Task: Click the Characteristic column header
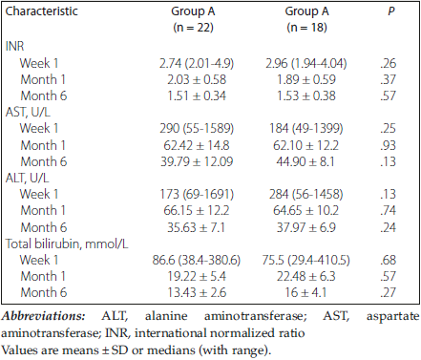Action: click(x=42, y=11)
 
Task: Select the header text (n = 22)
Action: click(x=193, y=28)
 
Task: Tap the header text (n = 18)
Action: click(x=306, y=28)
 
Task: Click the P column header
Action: click(x=391, y=11)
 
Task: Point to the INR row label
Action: click(x=14, y=47)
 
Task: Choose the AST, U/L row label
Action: click(x=28, y=113)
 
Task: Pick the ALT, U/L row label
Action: click(x=27, y=178)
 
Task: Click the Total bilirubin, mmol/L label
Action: click(x=67, y=244)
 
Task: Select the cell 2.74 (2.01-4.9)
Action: click(x=197, y=63)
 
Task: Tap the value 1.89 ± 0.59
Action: click(x=306, y=79)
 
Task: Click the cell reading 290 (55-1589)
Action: click(x=197, y=129)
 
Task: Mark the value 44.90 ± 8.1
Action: click(x=305, y=161)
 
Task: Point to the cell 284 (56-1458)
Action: click(x=306, y=194)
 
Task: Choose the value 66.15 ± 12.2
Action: click(x=197, y=211)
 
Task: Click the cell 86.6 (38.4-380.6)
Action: click(x=197, y=260)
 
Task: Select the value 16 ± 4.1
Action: click(x=305, y=292)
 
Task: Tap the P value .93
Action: click(x=388, y=145)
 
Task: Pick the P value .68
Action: click(x=388, y=260)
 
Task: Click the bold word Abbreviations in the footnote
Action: click(x=43, y=316)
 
